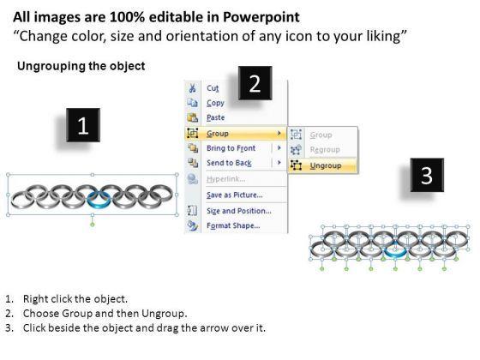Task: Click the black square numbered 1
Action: (x=83, y=125)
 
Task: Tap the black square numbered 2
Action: (x=255, y=82)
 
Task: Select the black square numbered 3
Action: (x=427, y=175)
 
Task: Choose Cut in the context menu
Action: (x=213, y=88)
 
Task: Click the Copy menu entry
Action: (x=215, y=103)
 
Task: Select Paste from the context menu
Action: (x=215, y=117)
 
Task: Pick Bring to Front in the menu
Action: (x=231, y=148)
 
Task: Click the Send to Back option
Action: (x=229, y=163)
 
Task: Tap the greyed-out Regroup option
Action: (x=325, y=150)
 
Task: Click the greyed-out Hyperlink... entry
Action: (x=226, y=179)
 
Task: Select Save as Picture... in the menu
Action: (x=235, y=195)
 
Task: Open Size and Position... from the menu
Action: (x=239, y=211)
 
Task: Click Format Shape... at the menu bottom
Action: (x=233, y=225)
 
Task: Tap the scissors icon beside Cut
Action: (x=192, y=88)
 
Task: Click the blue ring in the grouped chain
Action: (x=99, y=205)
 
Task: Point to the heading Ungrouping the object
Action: (x=81, y=66)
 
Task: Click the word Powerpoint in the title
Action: (x=261, y=17)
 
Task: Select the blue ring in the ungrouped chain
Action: (x=395, y=253)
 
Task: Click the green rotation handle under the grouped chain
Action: (x=93, y=225)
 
